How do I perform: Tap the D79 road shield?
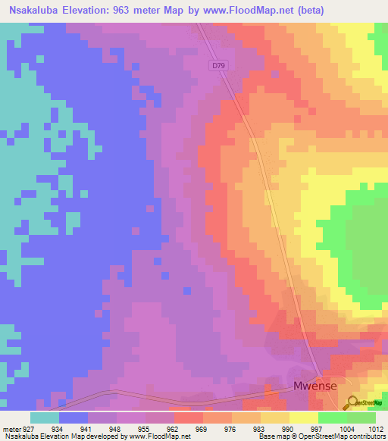point(218,66)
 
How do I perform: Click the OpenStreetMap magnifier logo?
point(353,402)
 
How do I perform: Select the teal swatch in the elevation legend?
point(45,418)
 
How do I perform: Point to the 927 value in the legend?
point(31,428)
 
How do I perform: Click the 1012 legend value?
point(377,428)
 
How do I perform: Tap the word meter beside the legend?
point(13,428)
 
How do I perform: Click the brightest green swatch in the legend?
point(333,418)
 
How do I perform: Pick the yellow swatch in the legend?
point(304,418)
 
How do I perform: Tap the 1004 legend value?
point(348,428)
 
